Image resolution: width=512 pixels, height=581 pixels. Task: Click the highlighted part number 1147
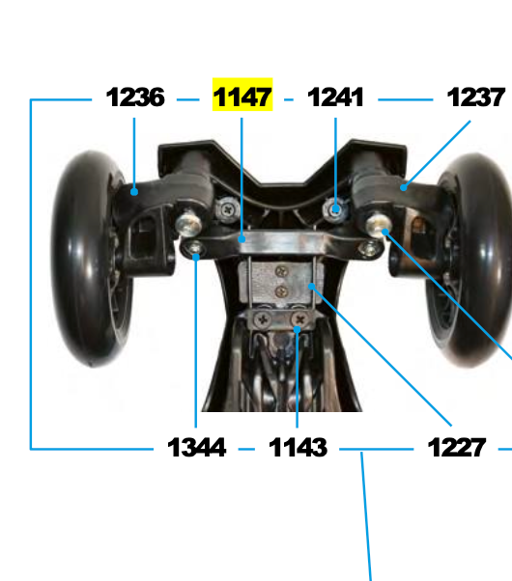pos(242,97)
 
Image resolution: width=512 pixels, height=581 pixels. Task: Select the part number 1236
pos(135,97)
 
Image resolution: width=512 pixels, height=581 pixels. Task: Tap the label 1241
pos(335,97)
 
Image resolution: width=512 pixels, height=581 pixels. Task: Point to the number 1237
pos(475,97)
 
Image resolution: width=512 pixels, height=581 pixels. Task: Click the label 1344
pos(196,448)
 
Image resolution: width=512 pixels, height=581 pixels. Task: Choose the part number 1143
pos(298,448)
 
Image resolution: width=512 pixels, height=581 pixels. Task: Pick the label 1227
pos(456,448)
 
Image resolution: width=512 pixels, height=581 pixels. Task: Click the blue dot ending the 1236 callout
pos(135,191)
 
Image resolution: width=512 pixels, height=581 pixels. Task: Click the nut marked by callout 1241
pos(335,207)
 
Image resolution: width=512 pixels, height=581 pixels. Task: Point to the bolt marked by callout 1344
pos(196,253)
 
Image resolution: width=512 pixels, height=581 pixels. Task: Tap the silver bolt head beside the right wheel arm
pos(379,225)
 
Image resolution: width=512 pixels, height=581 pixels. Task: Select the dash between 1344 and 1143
pos(246,449)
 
